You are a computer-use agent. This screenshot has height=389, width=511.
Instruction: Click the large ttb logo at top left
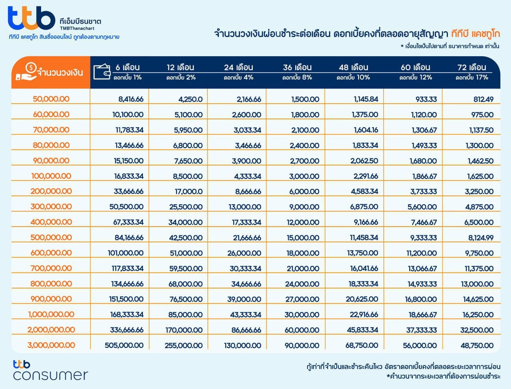point(32,18)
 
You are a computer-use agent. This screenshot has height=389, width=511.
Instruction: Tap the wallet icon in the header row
point(102,72)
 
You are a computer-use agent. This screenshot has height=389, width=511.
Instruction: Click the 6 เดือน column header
point(128,67)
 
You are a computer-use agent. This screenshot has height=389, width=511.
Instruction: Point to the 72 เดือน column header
point(472,67)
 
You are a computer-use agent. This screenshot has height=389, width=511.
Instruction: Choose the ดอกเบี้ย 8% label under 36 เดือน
point(297,77)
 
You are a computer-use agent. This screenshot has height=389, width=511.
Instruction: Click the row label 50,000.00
point(51,99)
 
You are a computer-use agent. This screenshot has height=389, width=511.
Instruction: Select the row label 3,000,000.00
point(51,345)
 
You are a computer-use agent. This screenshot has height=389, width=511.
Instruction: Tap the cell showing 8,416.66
point(131,99)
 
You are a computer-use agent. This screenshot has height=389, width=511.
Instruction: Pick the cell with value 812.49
point(483,99)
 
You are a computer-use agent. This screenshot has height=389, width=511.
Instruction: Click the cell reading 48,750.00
point(477,346)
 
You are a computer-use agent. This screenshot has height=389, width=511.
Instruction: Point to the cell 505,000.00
point(124,346)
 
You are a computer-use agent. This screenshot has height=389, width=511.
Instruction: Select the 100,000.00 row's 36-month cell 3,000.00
point(304,176)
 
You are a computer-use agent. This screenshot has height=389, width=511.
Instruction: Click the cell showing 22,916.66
point(364,314)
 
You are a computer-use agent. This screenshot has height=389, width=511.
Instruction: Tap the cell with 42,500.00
point(186,237)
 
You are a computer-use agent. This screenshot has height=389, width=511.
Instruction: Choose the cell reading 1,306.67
point(424,130)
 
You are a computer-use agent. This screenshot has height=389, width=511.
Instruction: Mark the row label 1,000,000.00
point(51,314)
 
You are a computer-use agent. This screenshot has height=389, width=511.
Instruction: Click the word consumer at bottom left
point(51,375)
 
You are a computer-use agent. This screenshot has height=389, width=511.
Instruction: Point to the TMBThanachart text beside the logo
point(77,28)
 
